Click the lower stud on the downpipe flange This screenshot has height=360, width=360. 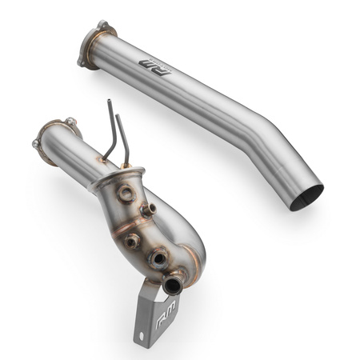point(35,144)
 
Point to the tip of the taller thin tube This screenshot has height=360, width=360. point(109,102)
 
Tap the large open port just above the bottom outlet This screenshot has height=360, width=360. point(162,257)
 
